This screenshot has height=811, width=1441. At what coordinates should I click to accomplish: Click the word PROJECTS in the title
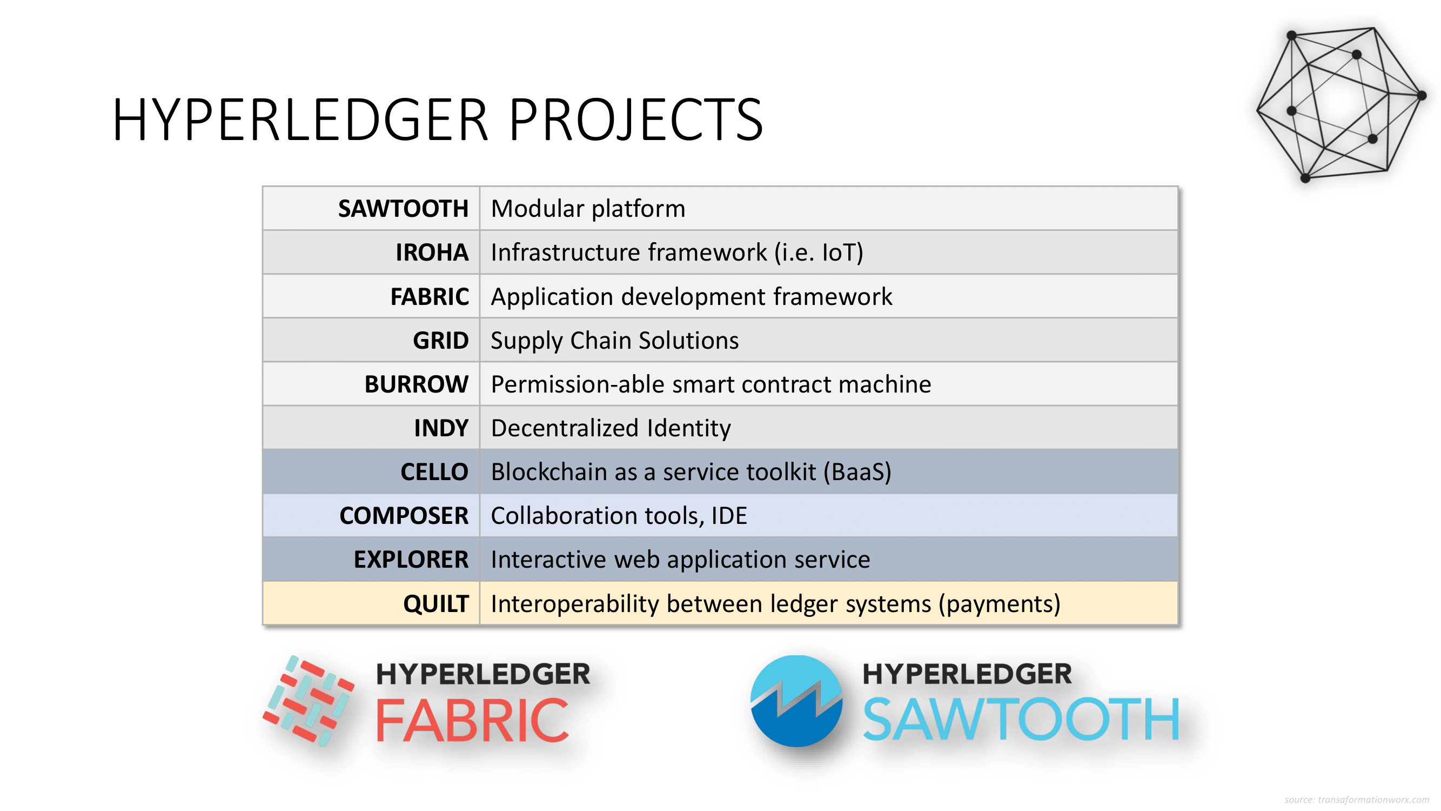point(635,120)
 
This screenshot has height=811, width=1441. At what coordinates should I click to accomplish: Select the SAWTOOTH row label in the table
point(403,209)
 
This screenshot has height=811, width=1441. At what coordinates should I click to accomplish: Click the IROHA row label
point(432,252)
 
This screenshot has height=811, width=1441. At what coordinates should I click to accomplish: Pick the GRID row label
point(441,340)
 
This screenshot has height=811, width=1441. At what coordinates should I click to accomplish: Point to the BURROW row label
point(416,384)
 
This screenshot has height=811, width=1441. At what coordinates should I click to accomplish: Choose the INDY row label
point(441,428)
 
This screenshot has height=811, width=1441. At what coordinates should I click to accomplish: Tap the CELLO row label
point(434,472)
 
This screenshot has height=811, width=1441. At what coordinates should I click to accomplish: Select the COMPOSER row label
point(404,515)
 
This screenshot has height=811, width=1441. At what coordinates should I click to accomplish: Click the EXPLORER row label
point(411,560)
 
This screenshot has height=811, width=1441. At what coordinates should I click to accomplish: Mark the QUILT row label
point(436,604)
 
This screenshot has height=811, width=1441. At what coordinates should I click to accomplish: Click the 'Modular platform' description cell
point(588,209)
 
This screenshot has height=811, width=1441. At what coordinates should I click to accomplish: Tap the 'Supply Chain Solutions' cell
point(615,340)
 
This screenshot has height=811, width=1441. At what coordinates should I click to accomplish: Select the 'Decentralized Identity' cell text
point(611,428)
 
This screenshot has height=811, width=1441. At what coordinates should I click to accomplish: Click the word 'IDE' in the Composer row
point(729,515)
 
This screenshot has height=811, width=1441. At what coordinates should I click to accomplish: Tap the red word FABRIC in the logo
point(472,720)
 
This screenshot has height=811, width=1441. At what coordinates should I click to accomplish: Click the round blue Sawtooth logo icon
point(796,701)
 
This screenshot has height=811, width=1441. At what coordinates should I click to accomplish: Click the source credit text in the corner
point(1357,800)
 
